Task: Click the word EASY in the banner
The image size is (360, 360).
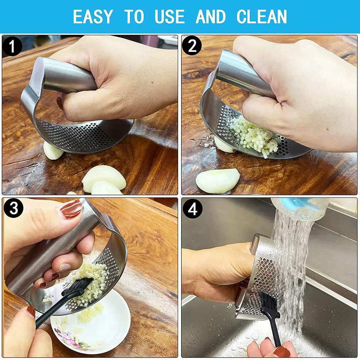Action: click(93, 16)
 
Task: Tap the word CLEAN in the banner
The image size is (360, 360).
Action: click(261, 16)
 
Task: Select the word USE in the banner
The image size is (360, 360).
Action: click(169, 16)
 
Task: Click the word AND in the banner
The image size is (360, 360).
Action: click(211, 16)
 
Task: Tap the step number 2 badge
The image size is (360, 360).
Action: click(192, 45)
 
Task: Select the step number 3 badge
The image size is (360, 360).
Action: click(13, 208)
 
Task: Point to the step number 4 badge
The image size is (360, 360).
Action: click(192, 209)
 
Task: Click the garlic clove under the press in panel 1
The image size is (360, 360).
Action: click(53, 151)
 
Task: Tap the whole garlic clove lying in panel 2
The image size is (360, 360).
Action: click(217, 181)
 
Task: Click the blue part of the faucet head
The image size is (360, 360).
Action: click(296, 204)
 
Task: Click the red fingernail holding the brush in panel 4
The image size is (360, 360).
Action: click(282, 352)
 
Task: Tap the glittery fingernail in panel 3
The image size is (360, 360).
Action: click(65, 267)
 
